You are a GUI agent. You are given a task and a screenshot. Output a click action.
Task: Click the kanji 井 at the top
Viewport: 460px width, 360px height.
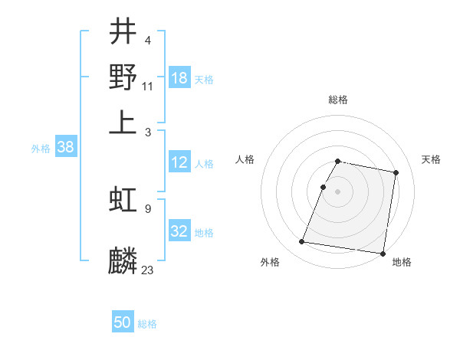tap(123, 33)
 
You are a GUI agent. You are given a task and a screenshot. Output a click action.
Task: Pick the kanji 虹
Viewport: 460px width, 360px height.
tap(123, 201)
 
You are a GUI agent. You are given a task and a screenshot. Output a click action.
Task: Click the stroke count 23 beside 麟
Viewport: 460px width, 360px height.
tap(148, 270)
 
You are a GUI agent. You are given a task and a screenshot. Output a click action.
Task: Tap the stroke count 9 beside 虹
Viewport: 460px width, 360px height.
tap(148, 208)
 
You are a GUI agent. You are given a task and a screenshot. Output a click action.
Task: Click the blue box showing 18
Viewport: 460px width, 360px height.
tap(179, 78)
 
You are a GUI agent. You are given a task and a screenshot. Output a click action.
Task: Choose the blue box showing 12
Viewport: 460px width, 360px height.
tap(179, 162)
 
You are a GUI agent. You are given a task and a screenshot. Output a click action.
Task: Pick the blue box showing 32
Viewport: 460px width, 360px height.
tap(179, 231)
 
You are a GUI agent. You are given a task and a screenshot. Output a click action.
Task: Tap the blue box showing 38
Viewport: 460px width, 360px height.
tap(65, 148)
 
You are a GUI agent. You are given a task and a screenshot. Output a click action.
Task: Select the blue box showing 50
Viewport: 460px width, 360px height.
tap(123, 322)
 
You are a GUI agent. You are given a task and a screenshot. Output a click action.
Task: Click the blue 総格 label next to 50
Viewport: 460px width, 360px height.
tap(147, 324)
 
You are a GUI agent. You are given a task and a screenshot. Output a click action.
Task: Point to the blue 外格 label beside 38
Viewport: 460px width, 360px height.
tap(40, 149)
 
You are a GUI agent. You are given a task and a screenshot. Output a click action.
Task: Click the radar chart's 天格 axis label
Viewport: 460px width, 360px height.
tap(432, 159)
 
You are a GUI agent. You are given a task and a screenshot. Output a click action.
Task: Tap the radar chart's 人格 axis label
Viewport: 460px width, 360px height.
tap(245, 159)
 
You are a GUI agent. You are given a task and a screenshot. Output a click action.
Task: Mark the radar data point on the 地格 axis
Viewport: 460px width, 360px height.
tap(382, 253)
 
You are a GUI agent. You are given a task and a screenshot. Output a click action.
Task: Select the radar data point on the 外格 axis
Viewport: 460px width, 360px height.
tap(302, 242)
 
